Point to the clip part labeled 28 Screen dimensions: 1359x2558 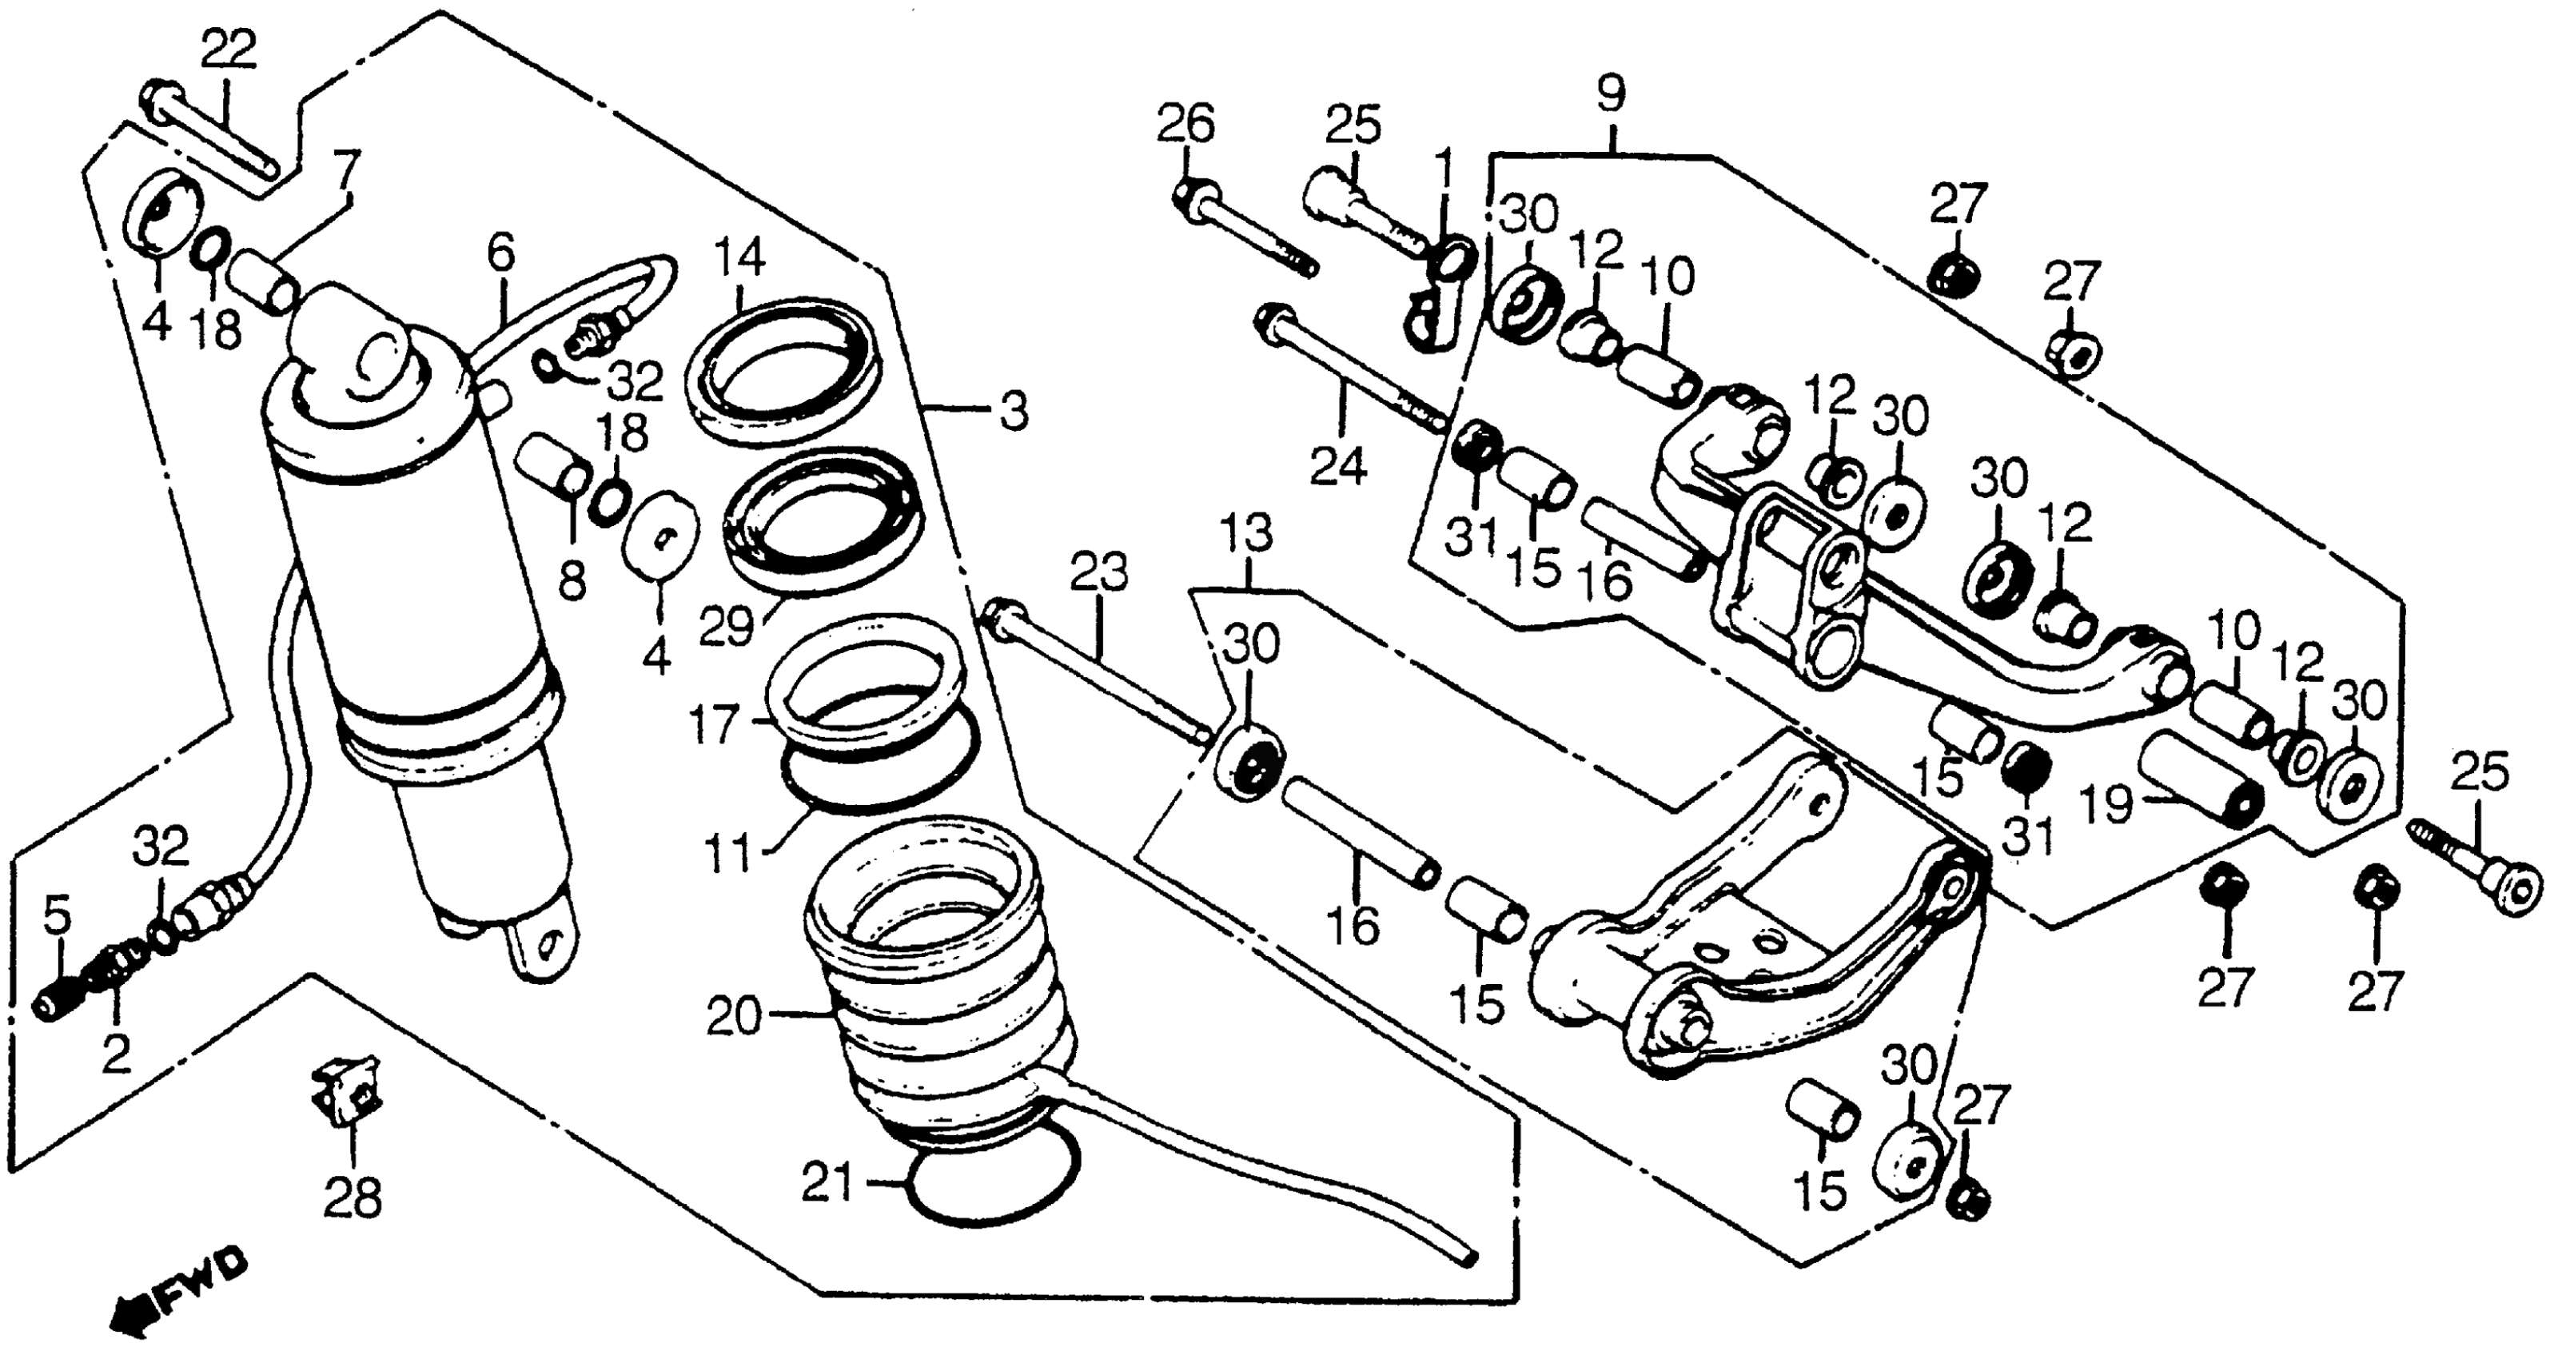tap(348, 1088)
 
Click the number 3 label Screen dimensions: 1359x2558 tap(1014, 410)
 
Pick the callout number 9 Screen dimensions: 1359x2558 tap(1611, 94)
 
